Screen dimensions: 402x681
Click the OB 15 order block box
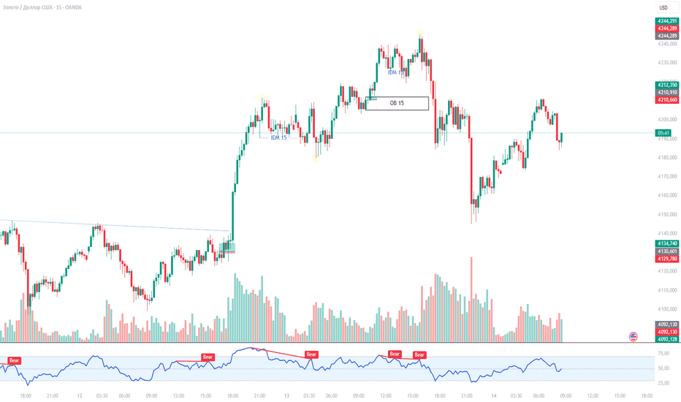[397, 104]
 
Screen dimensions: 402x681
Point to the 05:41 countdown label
[664, 133]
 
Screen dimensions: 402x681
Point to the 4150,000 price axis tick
[665, 214]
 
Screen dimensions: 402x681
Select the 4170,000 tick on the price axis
[665, 176]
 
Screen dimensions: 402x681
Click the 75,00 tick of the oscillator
[663, 352]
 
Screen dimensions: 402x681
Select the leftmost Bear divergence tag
[15, 360]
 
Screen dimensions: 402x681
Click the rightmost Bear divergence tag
[419, 355]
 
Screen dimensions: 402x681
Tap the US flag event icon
[634, 336]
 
